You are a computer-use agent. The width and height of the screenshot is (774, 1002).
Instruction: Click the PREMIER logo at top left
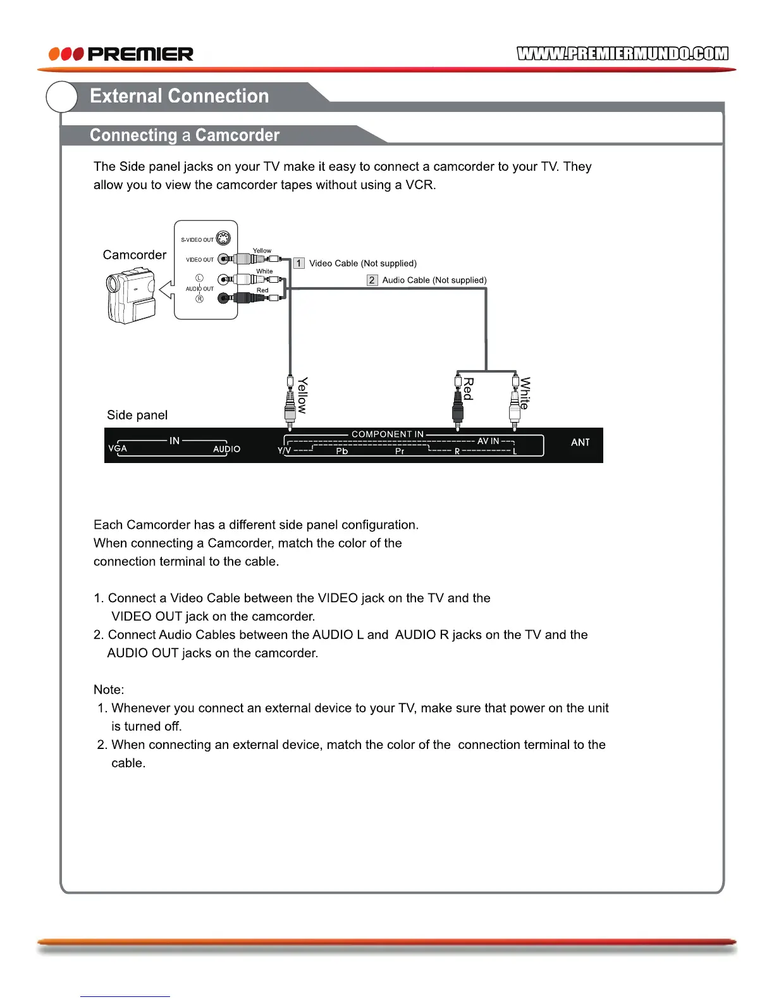pos(121,54)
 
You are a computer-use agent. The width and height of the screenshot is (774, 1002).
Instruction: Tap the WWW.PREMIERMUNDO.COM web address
pos(622,54)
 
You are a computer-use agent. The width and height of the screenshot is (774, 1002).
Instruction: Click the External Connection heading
pos(179,96)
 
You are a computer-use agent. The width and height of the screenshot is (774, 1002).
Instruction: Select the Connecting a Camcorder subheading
pos(184,135)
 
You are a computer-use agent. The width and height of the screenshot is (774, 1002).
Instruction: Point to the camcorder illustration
pos(131,297)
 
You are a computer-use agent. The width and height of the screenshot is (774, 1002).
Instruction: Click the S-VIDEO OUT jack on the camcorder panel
pos(223,238)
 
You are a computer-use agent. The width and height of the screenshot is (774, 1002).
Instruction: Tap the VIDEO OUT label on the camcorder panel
pos(200,259)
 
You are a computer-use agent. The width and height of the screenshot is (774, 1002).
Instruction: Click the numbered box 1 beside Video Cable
pos(299,263)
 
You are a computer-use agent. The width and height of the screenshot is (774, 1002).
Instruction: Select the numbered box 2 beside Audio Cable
pos(372,280)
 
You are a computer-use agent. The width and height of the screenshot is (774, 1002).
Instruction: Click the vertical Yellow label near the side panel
pos(303,395)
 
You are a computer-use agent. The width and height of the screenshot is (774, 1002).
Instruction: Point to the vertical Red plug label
pos(469,389)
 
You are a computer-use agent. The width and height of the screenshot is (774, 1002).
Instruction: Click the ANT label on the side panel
pos(580,442)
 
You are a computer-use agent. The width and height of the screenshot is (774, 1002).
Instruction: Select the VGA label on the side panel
pos(118,448)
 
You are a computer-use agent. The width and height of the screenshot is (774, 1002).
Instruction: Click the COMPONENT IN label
pos(388,434)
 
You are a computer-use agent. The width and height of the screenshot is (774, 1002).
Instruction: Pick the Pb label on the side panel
pos(342,452)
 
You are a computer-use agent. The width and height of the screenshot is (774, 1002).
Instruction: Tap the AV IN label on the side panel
pos(488,441)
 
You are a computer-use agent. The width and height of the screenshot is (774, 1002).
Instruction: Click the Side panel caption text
pos(137,415)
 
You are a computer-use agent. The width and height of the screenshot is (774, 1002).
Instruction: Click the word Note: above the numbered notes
pos(109,690)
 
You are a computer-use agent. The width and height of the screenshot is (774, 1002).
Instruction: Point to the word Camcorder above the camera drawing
pos(135,255)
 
